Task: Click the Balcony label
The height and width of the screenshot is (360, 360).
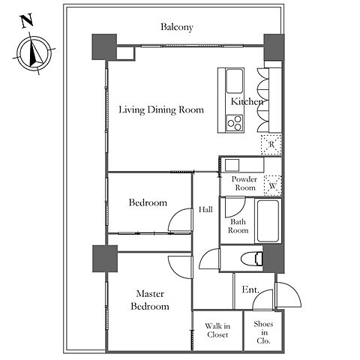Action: (177, 27)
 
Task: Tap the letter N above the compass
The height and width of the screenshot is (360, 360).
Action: (27, 21)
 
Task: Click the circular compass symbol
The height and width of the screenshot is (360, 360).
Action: (34, 53)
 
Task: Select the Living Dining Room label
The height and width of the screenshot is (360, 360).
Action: (161, 109)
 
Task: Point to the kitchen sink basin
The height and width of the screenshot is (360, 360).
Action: (235, 81)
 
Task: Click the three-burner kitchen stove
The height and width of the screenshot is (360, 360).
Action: (235, 124)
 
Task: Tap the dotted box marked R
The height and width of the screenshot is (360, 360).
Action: (271, 145)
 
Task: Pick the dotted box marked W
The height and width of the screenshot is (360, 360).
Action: (273, 186)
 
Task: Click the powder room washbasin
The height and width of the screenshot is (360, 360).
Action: (232, 165)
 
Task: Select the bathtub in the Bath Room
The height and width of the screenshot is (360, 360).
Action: (268, 220)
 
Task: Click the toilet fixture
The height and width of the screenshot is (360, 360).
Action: (252, 259)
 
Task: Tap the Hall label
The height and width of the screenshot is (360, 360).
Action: (205, 209)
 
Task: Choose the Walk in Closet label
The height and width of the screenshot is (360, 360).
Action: (217, 330)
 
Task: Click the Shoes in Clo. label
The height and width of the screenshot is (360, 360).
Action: (263, 332)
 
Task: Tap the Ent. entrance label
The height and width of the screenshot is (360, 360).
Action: (250, 289)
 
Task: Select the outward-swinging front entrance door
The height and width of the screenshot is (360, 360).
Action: (288, 295)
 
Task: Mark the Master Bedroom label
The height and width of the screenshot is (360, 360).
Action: (150, 300)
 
